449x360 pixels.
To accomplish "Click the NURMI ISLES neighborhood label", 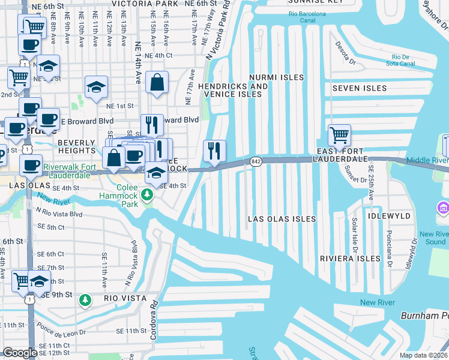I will click(276, 77).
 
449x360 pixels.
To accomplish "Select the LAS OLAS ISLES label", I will click(282, 219).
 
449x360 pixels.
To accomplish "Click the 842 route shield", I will click(256, 161).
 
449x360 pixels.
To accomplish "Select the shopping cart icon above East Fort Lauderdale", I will click(340, 134).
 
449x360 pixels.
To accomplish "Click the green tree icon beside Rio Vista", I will click(86, 299).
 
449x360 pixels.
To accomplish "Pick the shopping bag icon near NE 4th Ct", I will click(157, 82).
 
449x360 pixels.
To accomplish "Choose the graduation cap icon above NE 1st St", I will click(96, 88).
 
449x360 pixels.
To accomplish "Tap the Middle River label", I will click(427, 160).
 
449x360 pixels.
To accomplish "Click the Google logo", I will click(20, 353).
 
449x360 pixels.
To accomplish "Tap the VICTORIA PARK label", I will click(145, 3).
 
